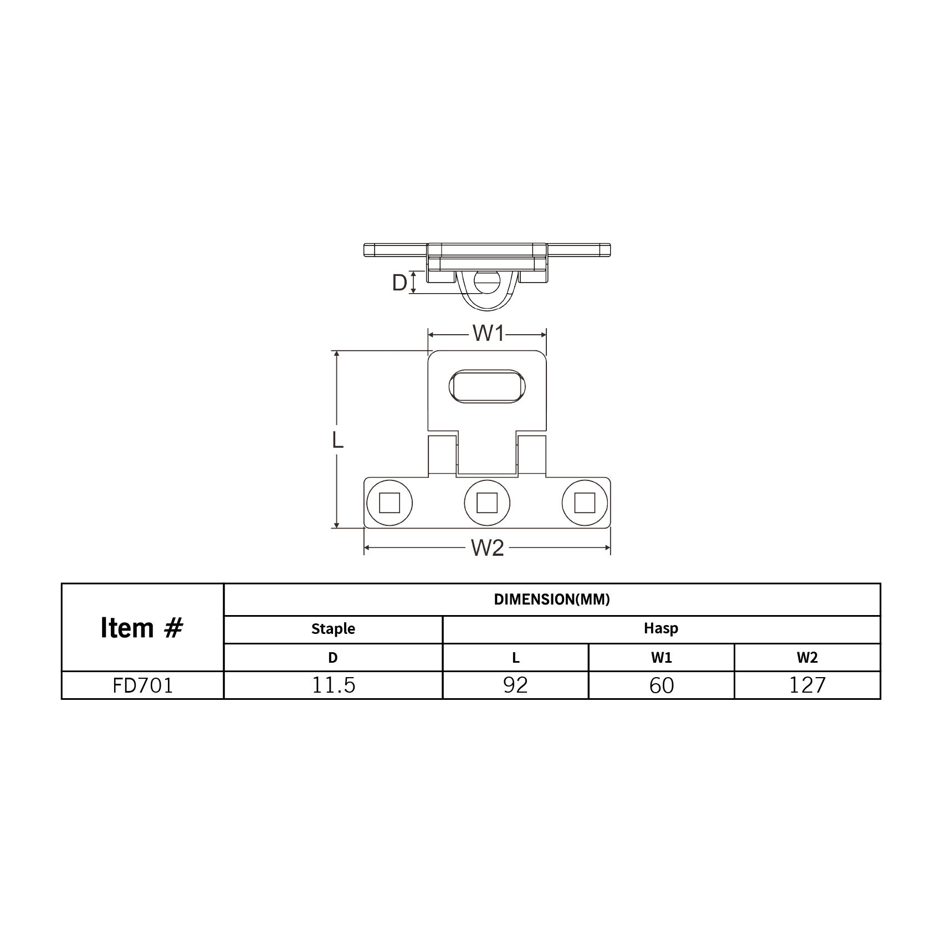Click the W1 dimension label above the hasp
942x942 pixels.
488,334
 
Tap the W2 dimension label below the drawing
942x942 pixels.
488,547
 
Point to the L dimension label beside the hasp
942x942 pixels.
337,439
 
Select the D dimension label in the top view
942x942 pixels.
400,283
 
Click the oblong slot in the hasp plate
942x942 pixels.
487,386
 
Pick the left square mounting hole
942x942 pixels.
389,503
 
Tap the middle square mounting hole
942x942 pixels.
487,503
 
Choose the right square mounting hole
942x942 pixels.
585,503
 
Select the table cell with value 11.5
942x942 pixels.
333,685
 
